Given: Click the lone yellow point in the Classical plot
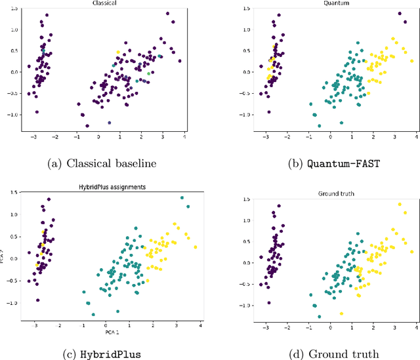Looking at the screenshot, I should (x=118, y=52).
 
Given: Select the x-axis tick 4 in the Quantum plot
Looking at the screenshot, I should (x=415, y=136).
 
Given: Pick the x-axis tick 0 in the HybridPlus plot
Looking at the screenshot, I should (x=106, y=326).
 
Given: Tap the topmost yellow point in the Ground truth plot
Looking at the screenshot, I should (x=399, y=205).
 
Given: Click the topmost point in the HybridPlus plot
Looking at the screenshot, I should (x=182, y=197).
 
